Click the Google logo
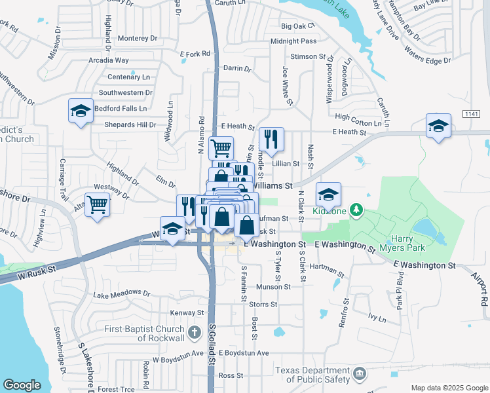coord(22,384)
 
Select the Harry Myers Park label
coord(417,243)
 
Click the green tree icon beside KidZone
coord(356,210)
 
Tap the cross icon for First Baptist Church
coord(194,333)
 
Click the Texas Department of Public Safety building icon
coord(359,374)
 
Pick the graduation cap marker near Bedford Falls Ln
coord(81,111)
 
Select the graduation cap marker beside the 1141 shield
coord(438,126)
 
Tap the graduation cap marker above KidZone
coord(329,195)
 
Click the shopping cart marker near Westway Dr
coord(97,204)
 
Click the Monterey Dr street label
coord(136,39)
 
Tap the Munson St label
coord(269,287)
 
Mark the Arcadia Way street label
coord(109,60)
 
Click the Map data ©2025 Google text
coord(449,388)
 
